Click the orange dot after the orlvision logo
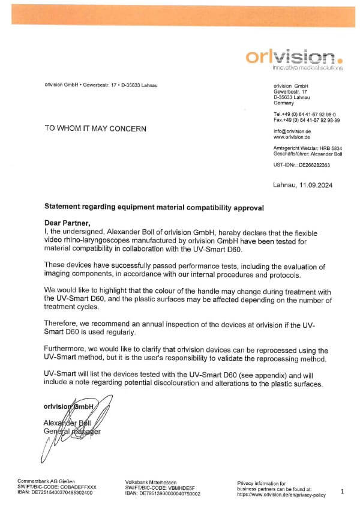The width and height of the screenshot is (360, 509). click(340, 60)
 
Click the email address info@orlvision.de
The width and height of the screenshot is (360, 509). click(292, 131)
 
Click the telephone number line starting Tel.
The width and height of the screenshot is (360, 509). click(305, 113)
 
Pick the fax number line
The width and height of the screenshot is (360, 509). click(307, 119)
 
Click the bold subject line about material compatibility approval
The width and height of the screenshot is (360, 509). click(154, 206)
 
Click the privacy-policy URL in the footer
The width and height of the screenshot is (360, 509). click(281, 495)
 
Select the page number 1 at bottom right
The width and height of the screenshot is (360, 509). click(342, 492)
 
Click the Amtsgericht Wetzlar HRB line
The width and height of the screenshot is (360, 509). click(307, 148)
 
